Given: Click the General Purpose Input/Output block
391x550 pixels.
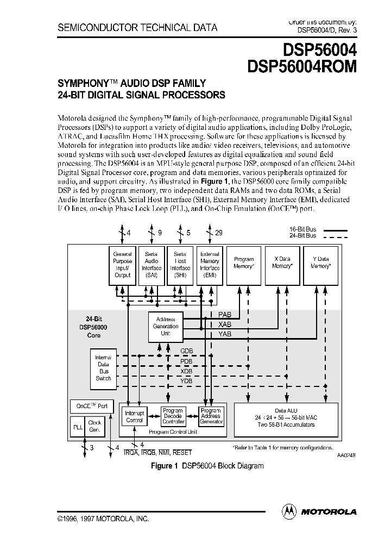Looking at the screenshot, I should tap(123, 265).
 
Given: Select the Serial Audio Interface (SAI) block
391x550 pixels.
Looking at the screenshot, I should tap(152, 265).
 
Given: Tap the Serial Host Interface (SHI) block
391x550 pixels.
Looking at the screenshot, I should tap(180, 265).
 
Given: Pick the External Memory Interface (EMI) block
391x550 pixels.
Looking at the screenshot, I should tap(210, 265).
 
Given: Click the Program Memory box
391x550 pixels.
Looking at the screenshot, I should tap(244, 265).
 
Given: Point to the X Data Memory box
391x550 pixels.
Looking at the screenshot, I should tap(282, 265).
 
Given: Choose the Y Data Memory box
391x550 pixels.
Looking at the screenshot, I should tap(320, 265).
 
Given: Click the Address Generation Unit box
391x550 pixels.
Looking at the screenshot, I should tap(166, 326).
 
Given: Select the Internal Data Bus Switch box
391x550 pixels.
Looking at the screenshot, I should tap(103, 368).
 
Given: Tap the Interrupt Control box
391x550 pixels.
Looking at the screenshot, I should tap(135, 416).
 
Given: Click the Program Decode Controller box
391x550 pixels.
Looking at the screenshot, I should tap(173, 416).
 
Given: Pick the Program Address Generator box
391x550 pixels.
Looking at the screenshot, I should tap(211, 416).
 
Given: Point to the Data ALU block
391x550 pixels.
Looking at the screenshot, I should tap(286, 417).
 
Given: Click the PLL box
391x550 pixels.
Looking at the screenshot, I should tap(77, 426).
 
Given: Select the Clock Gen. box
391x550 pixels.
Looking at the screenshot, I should tap(95, 426).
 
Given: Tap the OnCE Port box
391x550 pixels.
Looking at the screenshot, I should tap(89, 406).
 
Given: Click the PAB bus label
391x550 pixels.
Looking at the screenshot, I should tap(224, 315).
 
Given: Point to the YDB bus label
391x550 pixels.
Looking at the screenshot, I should tap(186, 381).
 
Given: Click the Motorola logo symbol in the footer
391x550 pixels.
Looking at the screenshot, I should tap(289, 511).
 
